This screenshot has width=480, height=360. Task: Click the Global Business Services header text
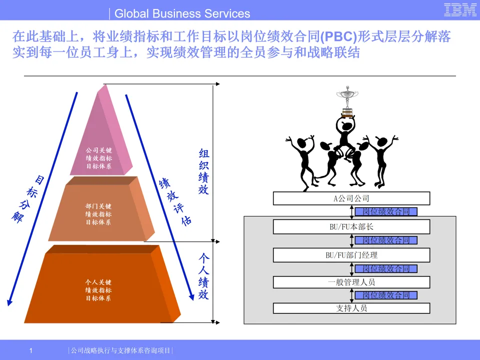point(182,13)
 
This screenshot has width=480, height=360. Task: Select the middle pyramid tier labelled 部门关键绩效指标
point(98,212)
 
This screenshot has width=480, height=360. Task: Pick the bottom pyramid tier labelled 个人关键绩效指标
point(98,290)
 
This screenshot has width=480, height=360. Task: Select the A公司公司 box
point(351,198)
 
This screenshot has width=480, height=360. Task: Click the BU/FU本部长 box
point(351,227)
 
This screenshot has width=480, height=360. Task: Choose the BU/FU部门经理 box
point(351,255)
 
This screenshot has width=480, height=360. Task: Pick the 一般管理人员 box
point(351,282)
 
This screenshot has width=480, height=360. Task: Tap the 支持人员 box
point(351,308)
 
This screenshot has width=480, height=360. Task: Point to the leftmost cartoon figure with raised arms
point(302,160)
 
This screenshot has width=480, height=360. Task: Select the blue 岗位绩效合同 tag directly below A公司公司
point(386,212)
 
